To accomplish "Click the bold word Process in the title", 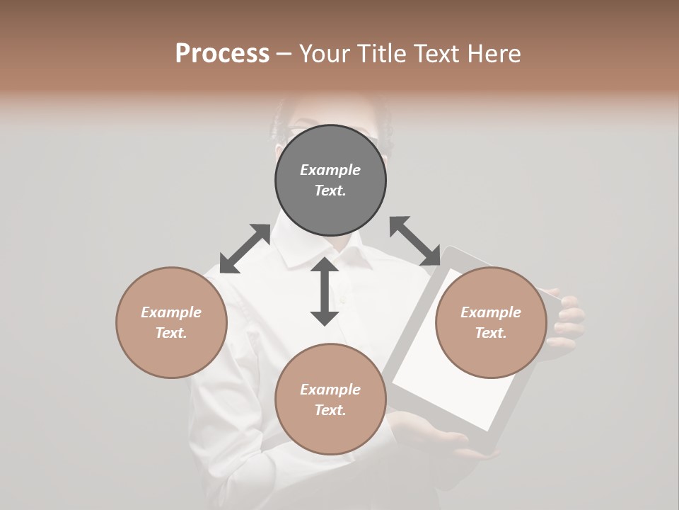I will [x=222, y=54].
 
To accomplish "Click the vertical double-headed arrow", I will [x=325, y=291].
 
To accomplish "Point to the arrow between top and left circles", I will [x=245, y=249].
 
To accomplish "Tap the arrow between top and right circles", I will [x=414, y=242].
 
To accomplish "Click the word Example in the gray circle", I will [x=330, y=170].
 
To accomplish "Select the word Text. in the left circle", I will [x=171, y=333].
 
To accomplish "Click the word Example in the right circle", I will [x=491, y=312].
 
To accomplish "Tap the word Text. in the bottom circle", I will [x=330, y=410].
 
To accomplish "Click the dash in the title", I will [x=284, y=55].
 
